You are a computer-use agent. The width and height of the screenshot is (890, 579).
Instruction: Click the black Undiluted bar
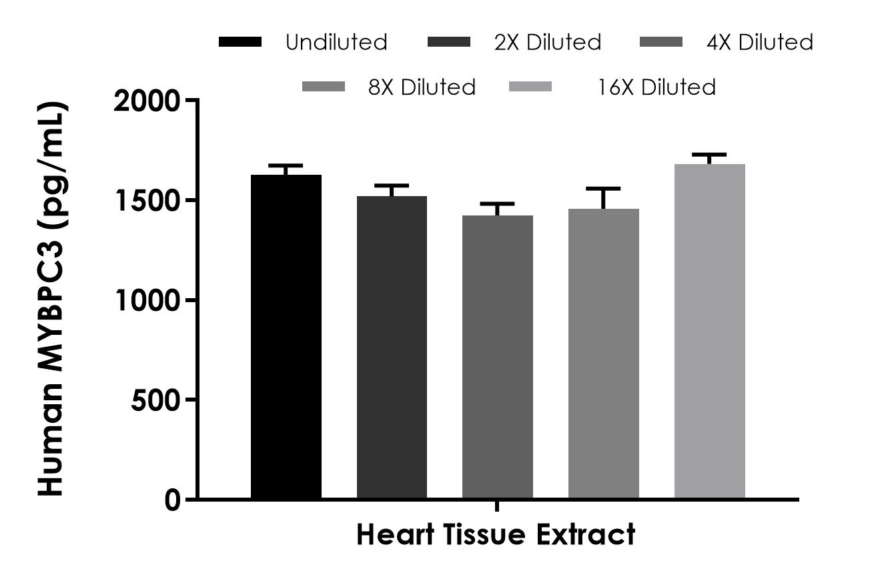click(x=286, y=337)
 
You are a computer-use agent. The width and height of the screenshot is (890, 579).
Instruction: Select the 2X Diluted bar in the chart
click(x=392, y=347)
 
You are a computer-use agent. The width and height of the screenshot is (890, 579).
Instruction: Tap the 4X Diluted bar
click(x=498, y=357)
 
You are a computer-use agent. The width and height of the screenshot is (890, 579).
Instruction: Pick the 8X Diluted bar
click(x=604, y=354)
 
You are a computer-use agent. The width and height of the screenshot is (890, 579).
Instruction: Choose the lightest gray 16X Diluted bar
click(x=709, y=332)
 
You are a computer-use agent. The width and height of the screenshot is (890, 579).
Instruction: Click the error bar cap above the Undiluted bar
click(x=286, y=165)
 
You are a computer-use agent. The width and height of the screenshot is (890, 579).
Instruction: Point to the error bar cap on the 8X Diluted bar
click(x=604, y=189)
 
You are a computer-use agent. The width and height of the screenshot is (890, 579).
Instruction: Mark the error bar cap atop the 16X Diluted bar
click(x=709, y=155)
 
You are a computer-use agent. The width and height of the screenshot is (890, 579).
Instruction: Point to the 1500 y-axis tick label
click(x=148, y=201)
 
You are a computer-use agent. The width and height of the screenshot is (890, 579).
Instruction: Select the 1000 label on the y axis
click(x=148, y=301)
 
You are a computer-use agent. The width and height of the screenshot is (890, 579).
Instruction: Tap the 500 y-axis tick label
click(x=155, y=400)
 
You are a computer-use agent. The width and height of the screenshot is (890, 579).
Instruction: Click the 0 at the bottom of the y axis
click(x=172, y=500)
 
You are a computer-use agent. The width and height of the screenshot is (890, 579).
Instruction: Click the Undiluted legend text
click(x=336, y=43)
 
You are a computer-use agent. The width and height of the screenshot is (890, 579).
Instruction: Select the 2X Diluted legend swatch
click(x=448, y=43)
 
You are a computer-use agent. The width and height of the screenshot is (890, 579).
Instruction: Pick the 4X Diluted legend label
click(x=760, y=43)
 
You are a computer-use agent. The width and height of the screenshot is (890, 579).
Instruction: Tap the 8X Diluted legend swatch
click(x=324, y=87)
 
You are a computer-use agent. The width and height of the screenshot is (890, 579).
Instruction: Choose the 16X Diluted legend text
click(x=656, y=87)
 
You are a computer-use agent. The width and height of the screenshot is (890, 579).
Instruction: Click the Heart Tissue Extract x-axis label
click(x=496, y=535)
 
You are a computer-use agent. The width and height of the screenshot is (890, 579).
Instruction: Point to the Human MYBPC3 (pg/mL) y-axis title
click(x=51, y=299)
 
